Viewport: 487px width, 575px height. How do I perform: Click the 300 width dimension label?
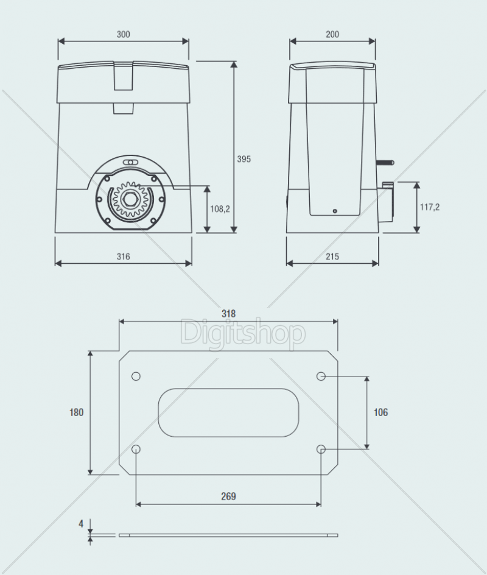coord(123,34)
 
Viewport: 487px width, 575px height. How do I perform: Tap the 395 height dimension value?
coord(243,159)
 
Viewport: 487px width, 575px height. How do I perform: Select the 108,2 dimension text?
coord(220,209)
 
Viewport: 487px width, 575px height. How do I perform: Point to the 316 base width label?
coord(123,256)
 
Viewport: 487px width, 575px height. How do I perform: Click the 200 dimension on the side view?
coord(332,34)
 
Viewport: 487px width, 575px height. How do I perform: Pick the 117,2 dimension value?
coord(429,207)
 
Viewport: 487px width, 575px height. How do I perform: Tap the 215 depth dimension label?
coord(332,256)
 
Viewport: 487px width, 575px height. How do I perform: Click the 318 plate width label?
coord(228,314)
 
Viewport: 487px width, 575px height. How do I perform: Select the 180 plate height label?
coord(77,412)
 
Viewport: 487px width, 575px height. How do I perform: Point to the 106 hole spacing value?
coord(380,412)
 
